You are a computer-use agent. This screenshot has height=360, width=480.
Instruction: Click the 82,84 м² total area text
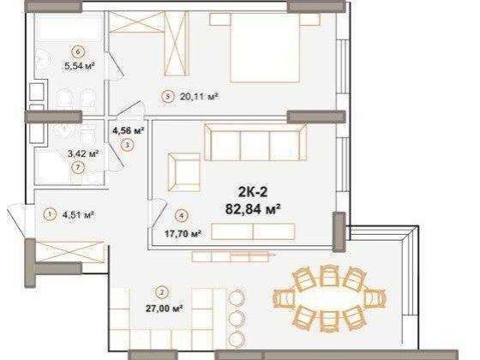click(250, 207)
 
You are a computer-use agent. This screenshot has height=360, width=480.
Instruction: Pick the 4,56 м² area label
click(127, 131)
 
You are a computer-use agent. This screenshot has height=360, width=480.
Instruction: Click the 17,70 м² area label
click(183, 232)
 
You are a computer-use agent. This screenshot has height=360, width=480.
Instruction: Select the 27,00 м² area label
click(163, 307)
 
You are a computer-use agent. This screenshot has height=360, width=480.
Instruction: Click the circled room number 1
click(51, 214)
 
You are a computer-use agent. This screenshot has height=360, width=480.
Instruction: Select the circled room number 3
click(127, 146)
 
